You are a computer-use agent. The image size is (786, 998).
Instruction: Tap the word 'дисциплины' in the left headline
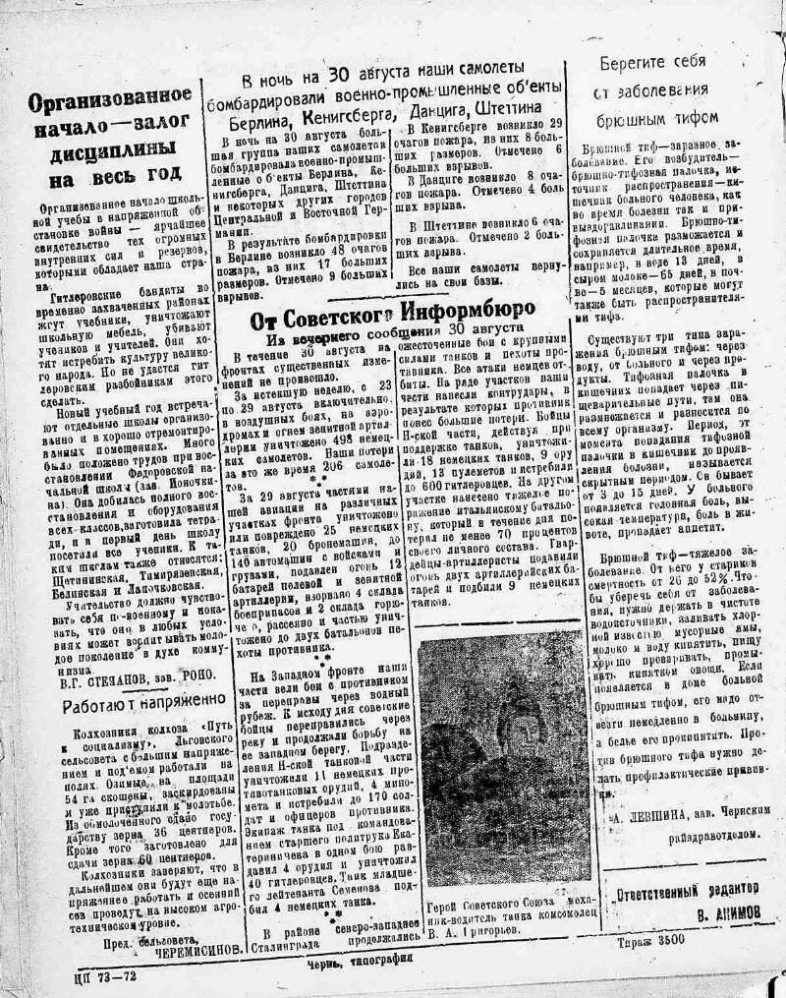coord(110,150)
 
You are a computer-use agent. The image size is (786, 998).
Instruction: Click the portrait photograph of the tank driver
coord(504,761)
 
